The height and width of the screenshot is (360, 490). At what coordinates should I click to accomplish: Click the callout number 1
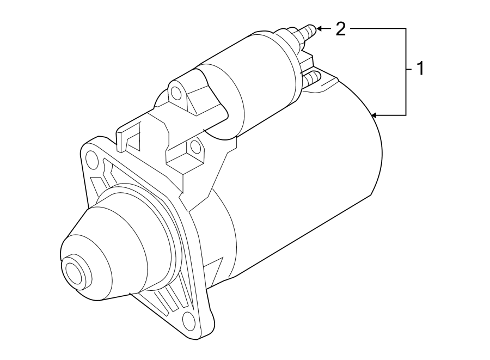click(x=419, y=69)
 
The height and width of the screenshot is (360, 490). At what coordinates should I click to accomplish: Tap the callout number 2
click(x=340, y=29)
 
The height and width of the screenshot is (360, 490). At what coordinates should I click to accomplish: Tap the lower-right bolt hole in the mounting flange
click(x=188, y=319)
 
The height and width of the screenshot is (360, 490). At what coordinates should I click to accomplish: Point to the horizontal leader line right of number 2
click(x=376, y=28)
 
